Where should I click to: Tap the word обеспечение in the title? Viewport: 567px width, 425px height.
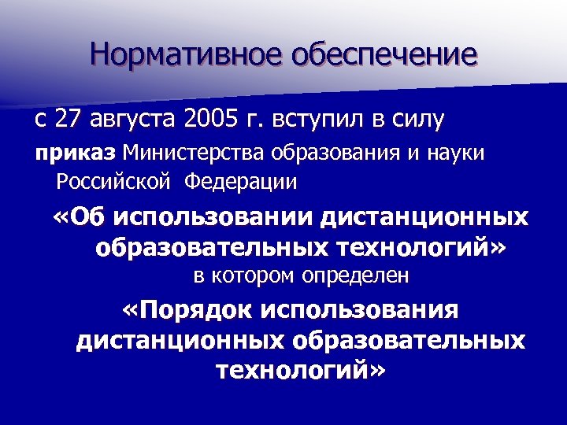pos(384,54)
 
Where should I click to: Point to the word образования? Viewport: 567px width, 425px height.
pos(316,153)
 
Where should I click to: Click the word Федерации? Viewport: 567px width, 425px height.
pos(242,183)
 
